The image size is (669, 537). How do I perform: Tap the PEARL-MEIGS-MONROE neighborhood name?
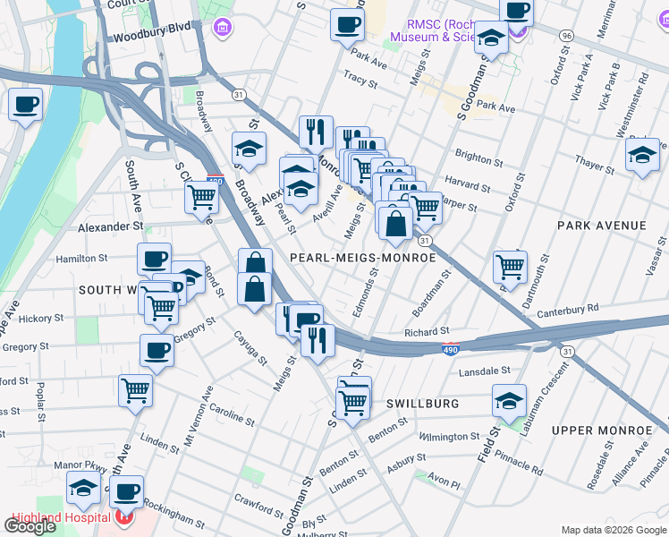tap(363, 258)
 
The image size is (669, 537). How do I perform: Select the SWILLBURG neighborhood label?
tap(422, 404)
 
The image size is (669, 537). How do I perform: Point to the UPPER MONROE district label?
tap(600, 430)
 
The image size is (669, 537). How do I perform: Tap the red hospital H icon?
tap(126, 517)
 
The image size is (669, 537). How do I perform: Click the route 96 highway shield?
tap(565, 35)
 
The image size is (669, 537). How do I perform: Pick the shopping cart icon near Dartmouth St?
tap(510, 265)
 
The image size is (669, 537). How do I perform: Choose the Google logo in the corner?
tap(30, 526)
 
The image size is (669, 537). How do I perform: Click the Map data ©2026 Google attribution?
tap(613, 530)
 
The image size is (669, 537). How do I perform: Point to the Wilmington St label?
tap(449, 437)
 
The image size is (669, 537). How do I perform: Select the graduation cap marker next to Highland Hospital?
tap(83, 489)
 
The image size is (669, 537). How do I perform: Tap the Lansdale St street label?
tap(484, 370)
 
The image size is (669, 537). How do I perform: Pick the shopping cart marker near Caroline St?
tap(135, 389)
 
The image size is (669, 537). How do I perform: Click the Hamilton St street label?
tap(81, 258)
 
